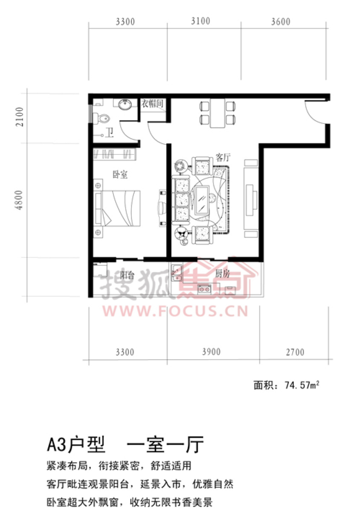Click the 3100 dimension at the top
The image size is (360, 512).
(x=200, y=21)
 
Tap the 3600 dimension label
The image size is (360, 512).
(x=281, y=22)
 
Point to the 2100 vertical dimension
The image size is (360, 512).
(x=20, y=117)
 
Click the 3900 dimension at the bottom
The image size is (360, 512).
(x=211, y=352)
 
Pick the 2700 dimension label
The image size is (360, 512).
(x=295, y=352)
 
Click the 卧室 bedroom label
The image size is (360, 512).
(x=120, y=175)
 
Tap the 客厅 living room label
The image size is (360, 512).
(x=223, y=157)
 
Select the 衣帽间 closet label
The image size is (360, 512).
(x=152, y=104)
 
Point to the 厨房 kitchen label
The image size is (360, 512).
(x=222, y=273)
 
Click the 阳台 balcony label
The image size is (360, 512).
(x=127, y=275)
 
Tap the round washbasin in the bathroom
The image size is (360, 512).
(x=125, y=105)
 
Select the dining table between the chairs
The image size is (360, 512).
(x=218, y=113)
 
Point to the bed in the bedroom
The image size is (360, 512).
(x=117, y=208)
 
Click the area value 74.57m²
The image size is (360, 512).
(x=302, y=385)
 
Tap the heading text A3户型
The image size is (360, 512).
(x=76, y=445)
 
